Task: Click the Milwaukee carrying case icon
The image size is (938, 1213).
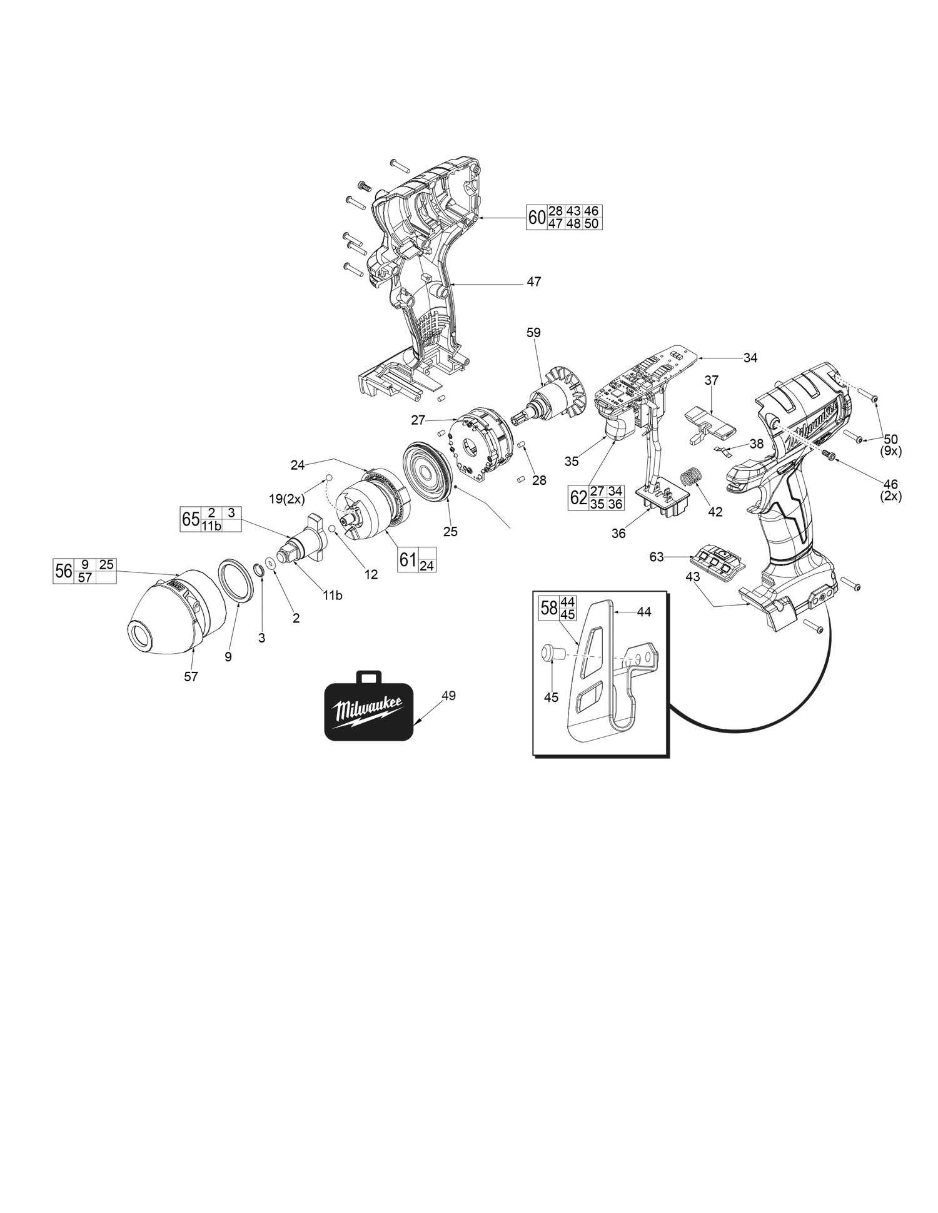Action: pos(369,710)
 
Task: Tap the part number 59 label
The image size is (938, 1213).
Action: pos(533,333)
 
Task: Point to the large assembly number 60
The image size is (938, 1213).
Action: pos(537,218)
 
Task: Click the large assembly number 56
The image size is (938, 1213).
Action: pos(64,571)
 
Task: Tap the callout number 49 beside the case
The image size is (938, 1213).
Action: pos(448,695)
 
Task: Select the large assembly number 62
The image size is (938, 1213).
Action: pos(578,498)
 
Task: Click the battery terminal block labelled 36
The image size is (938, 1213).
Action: pos(662,500)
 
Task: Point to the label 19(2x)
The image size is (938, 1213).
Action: pos(286,499)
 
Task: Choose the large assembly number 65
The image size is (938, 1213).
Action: pos(190,519)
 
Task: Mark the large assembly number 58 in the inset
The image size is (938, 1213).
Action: pos(549,608)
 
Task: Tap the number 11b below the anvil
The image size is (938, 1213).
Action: pos(333,596)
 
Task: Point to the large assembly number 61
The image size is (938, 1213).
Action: pos(408,559)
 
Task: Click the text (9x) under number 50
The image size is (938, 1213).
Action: pos(890,450)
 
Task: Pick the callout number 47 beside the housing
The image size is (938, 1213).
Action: pos(533,282)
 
